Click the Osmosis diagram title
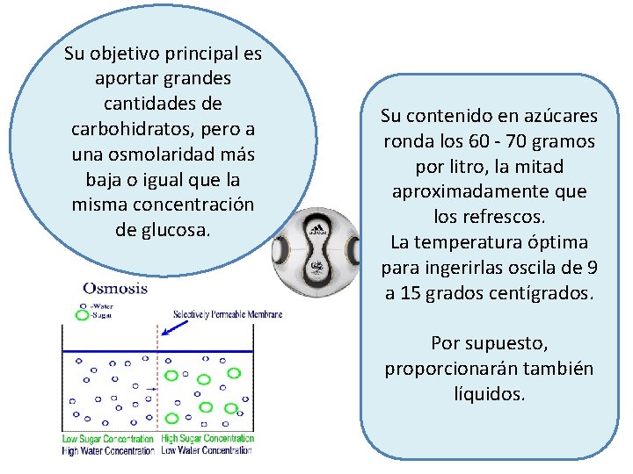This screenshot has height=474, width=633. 115,287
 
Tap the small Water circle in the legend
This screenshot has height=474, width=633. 82,305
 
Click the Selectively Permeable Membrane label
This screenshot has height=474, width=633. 227,314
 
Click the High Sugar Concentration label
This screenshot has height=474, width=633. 208,439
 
